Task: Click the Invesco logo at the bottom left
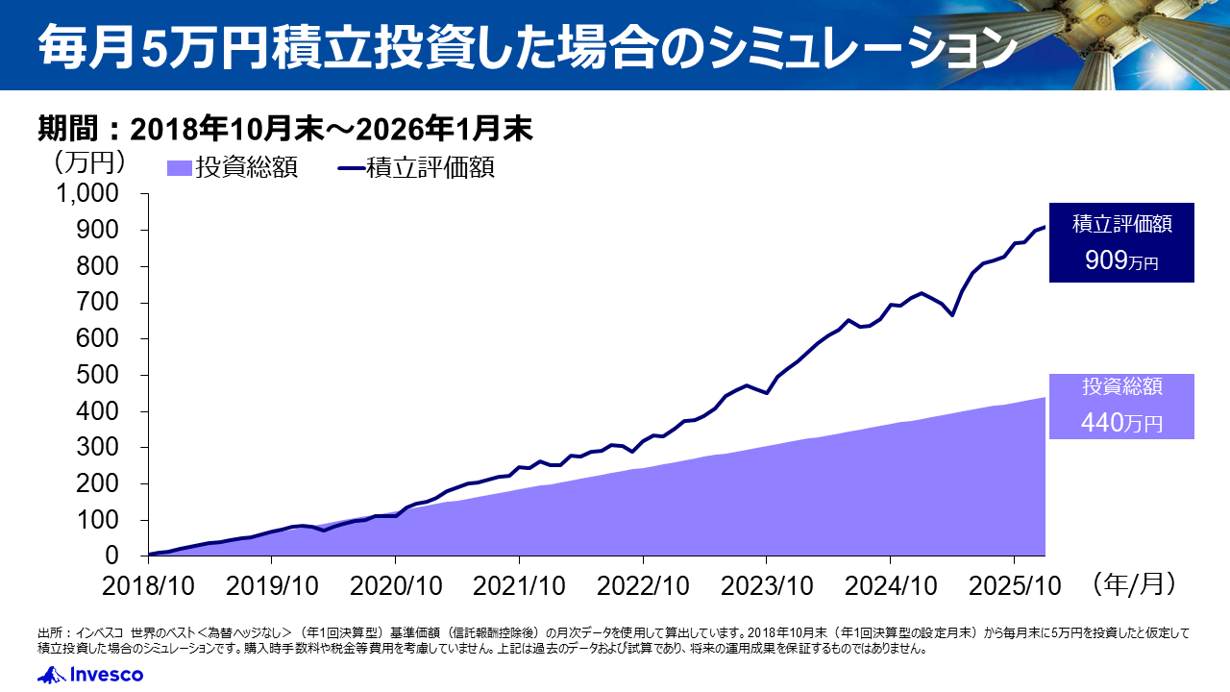pyautogui.click(x=90, y=675)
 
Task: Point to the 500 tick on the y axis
pyautogui.click(x=101, y=375)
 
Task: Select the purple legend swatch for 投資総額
pyautogui.click(x=180, y=168)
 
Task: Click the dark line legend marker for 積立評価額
pyautogui.click(x=351, y=168)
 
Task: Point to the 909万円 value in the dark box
pyautogui.click(x=1121, y=260)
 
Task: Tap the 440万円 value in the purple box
pyautogui.click(x=1121, y=422)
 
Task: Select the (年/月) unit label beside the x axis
pyautogui.click(x=1133, y=581)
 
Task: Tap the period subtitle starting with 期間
pyautogui.click(x=284, y=127)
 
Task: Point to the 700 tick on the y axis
pyautogui.click(x=101, y=303)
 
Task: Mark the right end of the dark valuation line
pyautogui.click(x=1045, y=227)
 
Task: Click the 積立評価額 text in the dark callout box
pyautogui.click(x=1121, y=225)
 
